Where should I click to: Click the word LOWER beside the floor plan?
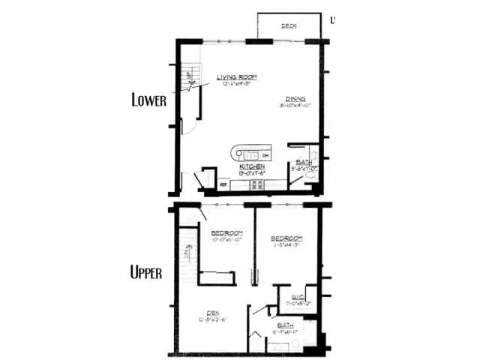click(148, 100)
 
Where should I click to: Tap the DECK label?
click(289, 26)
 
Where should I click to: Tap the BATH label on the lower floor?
click(304, 162)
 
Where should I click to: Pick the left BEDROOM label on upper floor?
click(224, 232)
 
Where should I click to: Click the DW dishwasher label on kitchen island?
click(265, 154)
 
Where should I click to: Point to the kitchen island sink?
click(245, 155)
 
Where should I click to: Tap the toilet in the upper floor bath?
click(295, 346)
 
